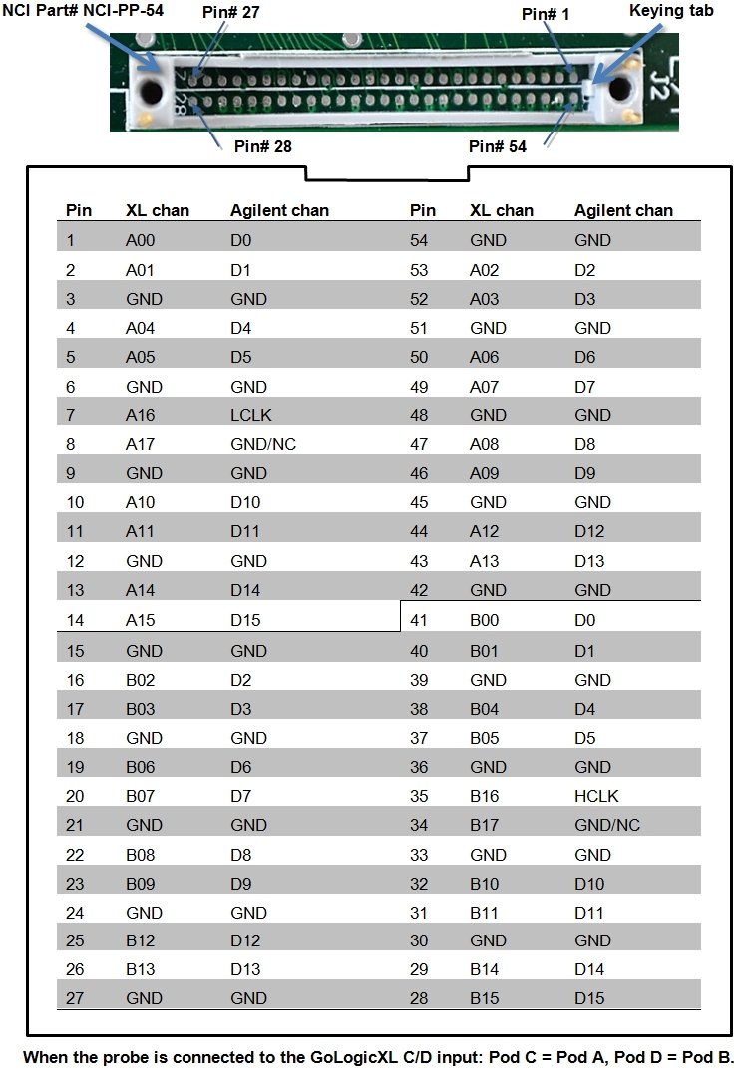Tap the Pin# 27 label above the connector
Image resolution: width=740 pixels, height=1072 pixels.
pyautogui.click(x=230, y=12)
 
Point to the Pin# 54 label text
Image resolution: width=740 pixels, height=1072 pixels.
pyautogui.click(x=497, y=146)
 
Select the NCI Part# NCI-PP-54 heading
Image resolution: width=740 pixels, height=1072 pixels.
pyautogui.click(x=83, y=9)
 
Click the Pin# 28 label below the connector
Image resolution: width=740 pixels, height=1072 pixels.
pyautogui.click(x=262, y=146)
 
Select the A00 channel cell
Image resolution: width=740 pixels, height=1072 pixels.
pyautogui.click(x=140, y=240)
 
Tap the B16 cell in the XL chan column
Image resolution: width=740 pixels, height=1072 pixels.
pyautogui.click(x=484, y=796)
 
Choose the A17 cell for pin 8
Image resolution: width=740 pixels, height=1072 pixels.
pyautogui.click(x=140, y=444)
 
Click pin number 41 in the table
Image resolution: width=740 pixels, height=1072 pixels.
pyautogui.click(x=419, y=620)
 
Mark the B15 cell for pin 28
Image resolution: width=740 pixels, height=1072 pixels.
pyautogui.click(x=484, y=999)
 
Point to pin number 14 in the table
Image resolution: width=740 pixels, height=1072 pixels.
pyautogui.click(x=75, y=620)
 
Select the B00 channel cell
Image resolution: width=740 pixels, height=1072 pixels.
pyautogui.click(x=484, y=620)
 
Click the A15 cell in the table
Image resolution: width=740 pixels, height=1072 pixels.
pyautogui.click(x=140, y=620)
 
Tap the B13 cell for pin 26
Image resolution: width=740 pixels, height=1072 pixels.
pyautogui.click(x=140, y=970)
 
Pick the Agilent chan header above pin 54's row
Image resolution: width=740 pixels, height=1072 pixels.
pyautogui.click(x=623, y=210)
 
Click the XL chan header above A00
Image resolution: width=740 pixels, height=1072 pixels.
pyautogui.click(x=157, y=210)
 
